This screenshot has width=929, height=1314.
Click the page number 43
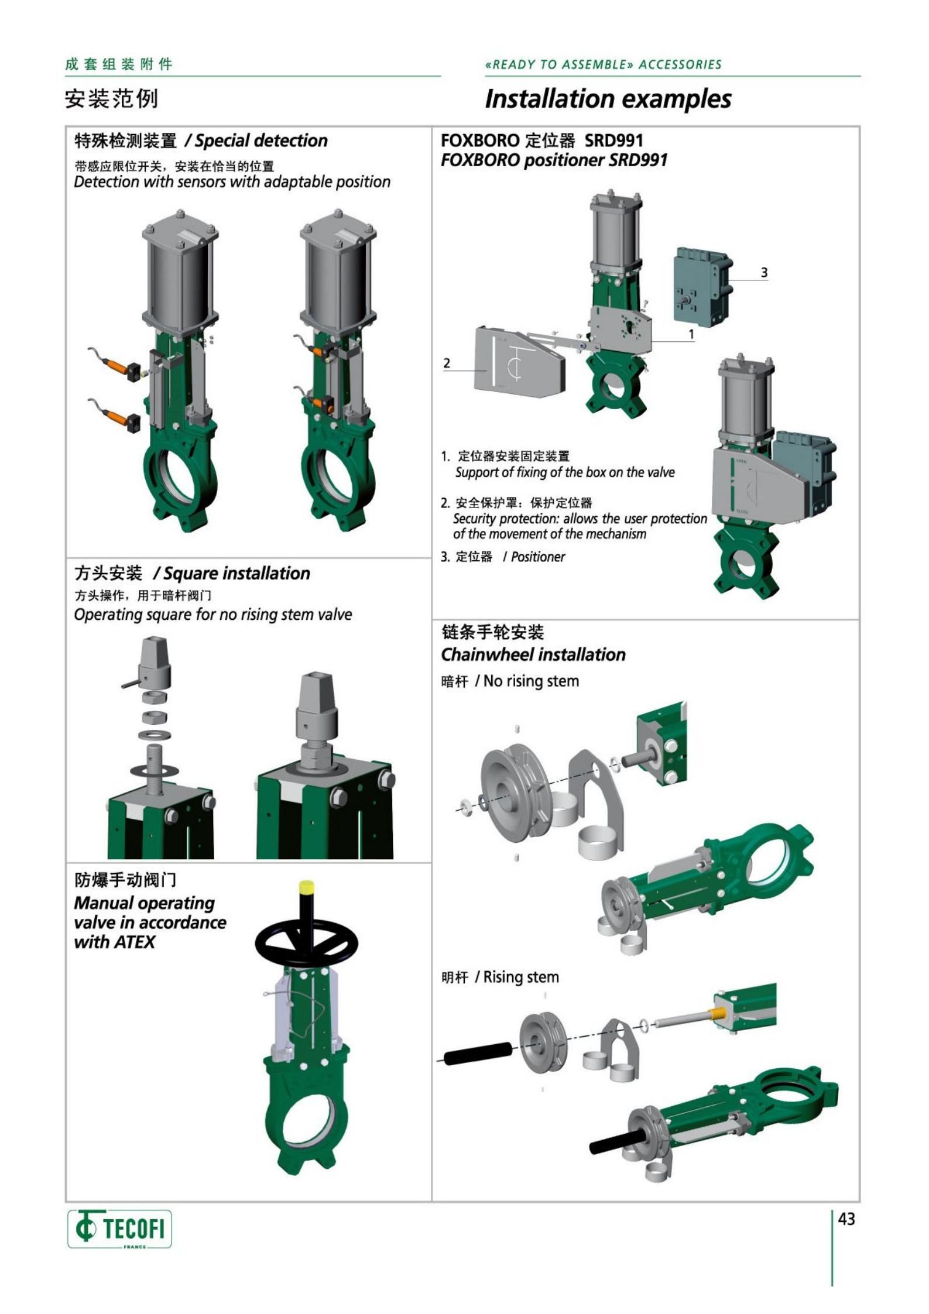click(846, 1219)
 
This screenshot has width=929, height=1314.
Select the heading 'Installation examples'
click(608, 98)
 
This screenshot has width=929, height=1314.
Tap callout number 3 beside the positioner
click(764, 272)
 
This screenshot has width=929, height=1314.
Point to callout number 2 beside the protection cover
click(447, 363)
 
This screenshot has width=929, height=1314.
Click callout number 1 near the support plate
click(691, 334)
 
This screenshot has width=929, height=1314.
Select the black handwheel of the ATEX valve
click(308, 941)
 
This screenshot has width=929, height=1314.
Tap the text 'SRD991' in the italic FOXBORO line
click(638, 160)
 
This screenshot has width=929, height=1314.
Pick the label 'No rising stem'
click(531, 681)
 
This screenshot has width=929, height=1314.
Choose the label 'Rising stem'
click(521, 977)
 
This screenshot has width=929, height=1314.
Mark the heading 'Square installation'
click(237, 573)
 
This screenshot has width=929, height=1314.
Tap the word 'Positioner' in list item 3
click(538, 557)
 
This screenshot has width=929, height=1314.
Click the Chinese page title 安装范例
click(112, 98)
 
